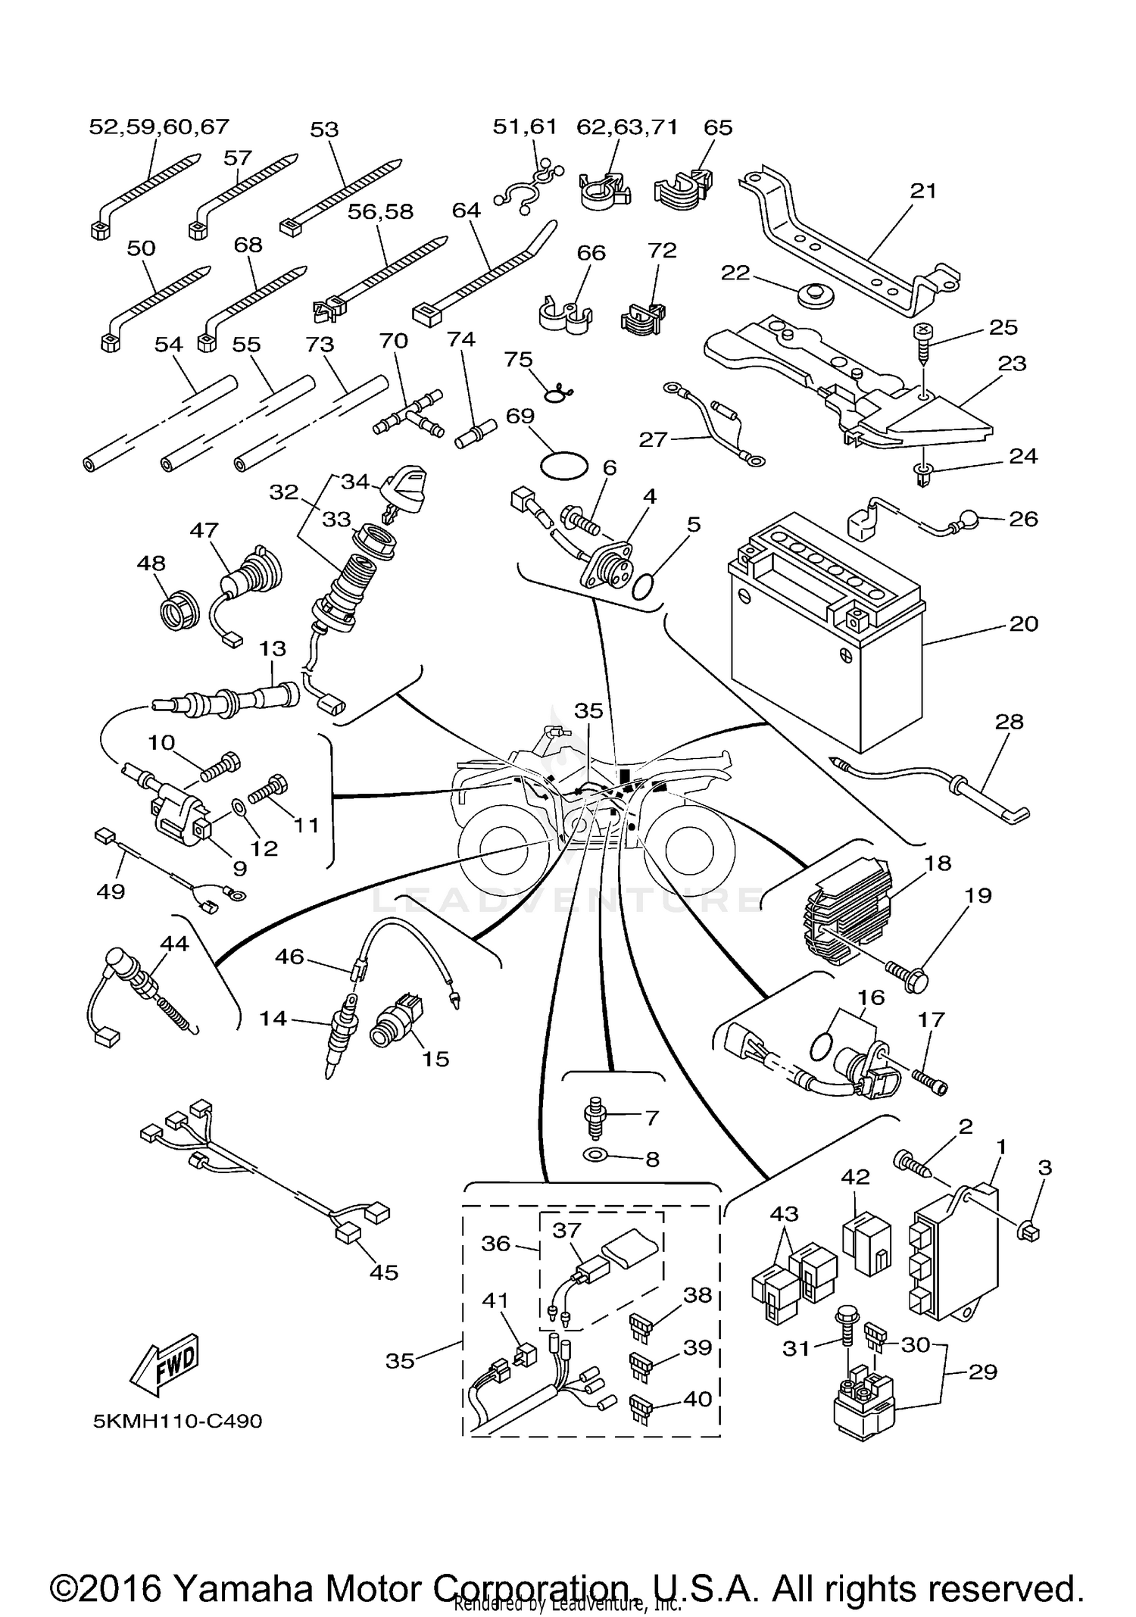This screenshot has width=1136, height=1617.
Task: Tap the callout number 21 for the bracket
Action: (x=923, y=191)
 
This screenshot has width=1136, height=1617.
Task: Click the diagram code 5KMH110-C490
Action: (x=177, y=1421)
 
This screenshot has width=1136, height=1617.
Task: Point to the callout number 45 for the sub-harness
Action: (x=383, y=1272)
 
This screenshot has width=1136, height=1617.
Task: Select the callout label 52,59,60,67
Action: (x=159, y=126)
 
